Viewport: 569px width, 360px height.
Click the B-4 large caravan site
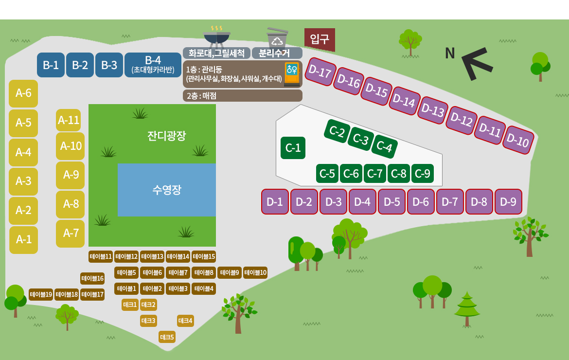pos(153,65)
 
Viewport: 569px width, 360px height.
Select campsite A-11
pos(68,120)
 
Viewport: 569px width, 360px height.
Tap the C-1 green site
pos(293,148)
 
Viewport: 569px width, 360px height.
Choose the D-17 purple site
pos(320,72)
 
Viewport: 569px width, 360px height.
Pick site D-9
pos(508,202)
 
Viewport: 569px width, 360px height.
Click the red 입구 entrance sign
pos(320,39)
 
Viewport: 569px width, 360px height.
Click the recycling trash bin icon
pos(277,37)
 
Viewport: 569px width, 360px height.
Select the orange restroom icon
pos(292,74)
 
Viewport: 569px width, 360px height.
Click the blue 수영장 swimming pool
pos(166,190)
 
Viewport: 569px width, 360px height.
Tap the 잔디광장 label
pos(166,136)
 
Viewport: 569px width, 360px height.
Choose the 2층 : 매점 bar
pos(242,96)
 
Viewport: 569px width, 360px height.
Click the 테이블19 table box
pos(41,294)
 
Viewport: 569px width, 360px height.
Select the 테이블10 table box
pos(255,272)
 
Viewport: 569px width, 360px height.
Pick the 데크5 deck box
pos(167,337)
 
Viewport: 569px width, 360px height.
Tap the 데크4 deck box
pos(185,321)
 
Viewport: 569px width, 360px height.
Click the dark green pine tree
pos(467,309)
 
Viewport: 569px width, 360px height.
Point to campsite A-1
pos(24,239)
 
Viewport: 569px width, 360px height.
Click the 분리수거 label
pos(274,54)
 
